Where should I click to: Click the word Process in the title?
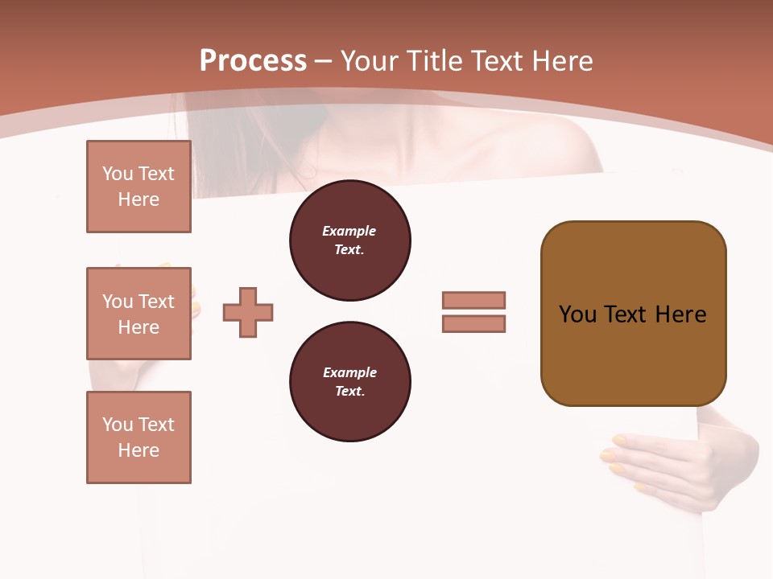pyautogui.click(x=253, y=61)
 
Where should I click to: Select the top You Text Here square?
pyautogui.click(x=138, y=187)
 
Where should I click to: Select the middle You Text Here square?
pyautogui.click(x=138, y=314)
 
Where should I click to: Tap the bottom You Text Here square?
pyautogui.click(x=138, y=437)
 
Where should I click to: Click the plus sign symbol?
pyautogui.click(x=248, y=312)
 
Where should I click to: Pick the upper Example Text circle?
pyautogui.click(x=349, y=240)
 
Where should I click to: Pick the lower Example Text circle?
pyautogui.click(x=349, y=382)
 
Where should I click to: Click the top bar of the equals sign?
pyautogui.click(x=473, y=300)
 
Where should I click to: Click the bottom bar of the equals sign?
pyautogui.click(x=473, y=324)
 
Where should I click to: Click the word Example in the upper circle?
pyautogui.click(x=349, y=232)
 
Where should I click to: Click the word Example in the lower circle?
pyautogui.click(x=349, y=373)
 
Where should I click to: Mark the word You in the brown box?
pyautogui.click(x=577, y=314)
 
